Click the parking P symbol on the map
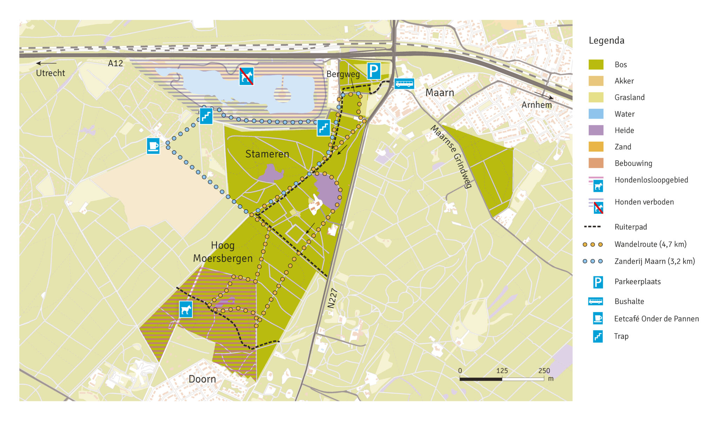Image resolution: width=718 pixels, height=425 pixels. (374, 71)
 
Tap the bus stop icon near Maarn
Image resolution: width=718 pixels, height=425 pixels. (404, 84)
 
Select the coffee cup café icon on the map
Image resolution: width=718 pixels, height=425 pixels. (153, 146)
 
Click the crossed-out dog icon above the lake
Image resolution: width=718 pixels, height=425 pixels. (246, 76)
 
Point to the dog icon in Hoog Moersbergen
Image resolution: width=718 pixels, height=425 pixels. (186, 309)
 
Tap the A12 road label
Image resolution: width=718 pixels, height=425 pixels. (115, 63)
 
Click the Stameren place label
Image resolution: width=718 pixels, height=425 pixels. (267, 154)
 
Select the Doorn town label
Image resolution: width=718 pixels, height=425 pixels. (202, 379)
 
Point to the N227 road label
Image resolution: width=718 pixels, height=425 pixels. (332, 298)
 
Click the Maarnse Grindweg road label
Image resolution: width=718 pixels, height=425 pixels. (452, 156)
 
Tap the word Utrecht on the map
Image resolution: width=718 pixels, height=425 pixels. (50, 73)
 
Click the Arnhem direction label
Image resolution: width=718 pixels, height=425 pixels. (536, 105)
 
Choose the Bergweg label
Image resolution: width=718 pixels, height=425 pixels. (343, 74)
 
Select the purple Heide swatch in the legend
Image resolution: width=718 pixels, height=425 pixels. (596, 130)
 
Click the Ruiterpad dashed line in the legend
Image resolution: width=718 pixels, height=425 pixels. (592, 227)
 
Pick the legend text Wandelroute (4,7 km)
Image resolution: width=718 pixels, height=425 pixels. (650, 244)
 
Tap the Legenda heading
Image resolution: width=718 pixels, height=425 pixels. (607, 41)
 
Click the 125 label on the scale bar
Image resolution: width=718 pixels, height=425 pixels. (502, 371)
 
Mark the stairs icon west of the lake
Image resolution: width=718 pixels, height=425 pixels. (206, 116)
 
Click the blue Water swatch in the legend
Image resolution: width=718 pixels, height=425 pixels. (596, 114)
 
